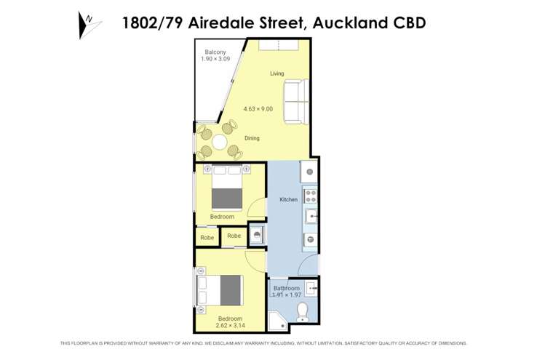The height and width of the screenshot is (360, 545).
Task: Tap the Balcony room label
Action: point(215,52)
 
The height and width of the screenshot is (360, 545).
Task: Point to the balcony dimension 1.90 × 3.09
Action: point(215,59)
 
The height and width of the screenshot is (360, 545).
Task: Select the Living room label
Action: point(277,73)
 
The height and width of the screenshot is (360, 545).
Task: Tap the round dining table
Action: point(219,140)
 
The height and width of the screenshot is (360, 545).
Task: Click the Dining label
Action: point(252,138)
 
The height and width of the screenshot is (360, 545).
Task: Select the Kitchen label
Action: point(288,199)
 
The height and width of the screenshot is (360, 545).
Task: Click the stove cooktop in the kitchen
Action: point(309,195)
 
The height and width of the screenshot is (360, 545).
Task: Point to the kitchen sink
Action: point(309,215)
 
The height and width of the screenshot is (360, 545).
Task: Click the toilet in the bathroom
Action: point(303,313)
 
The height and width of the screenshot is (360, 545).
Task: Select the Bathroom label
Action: point(286,289)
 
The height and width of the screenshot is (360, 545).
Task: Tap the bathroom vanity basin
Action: point(311,289)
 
